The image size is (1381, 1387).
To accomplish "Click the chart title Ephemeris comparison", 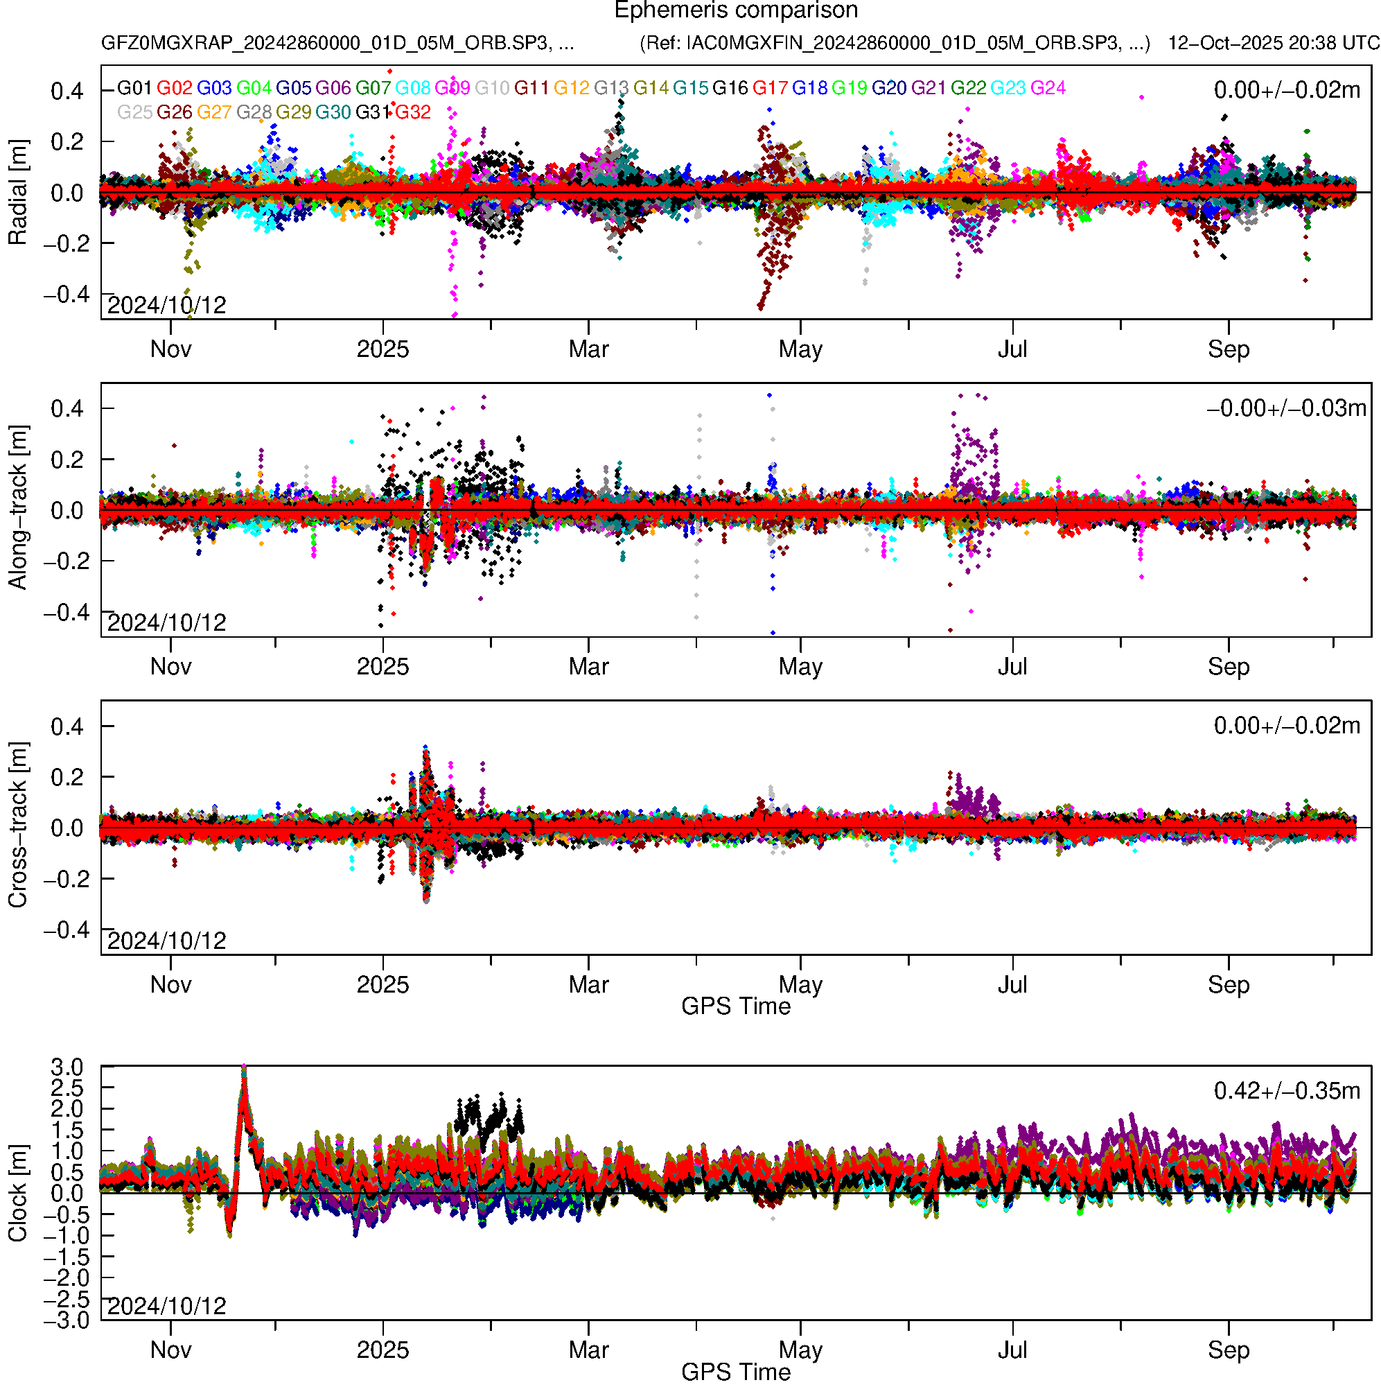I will coord(736,11).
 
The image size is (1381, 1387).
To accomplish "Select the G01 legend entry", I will coord(134,88).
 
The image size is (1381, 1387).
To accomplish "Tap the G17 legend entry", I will coord(770,88).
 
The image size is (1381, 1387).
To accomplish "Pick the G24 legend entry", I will coord(1048,88).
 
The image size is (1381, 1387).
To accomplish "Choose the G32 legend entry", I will coord(413,113).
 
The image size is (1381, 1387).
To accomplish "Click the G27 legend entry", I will coord(214,113).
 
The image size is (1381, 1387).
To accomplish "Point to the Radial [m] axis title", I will coord(17,193).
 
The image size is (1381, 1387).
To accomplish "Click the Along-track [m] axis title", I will coord(17,507).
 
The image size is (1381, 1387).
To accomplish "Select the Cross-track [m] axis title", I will coord(17,826).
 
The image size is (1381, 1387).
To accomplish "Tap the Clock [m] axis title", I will coord(17,1193).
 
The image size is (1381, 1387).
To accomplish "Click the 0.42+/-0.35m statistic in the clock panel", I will coord(1286,1091).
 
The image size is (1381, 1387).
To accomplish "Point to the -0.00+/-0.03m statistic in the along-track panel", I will coord(1285,408).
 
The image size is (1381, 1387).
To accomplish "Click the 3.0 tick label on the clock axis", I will coord(67,1067).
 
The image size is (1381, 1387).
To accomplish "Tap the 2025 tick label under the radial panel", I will coord(382,349).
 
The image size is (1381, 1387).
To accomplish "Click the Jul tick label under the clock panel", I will coord(1012,1350).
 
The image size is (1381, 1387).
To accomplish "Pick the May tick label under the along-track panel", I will coord(800,667).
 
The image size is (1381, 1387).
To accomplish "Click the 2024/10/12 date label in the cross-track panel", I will coord(166,941).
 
